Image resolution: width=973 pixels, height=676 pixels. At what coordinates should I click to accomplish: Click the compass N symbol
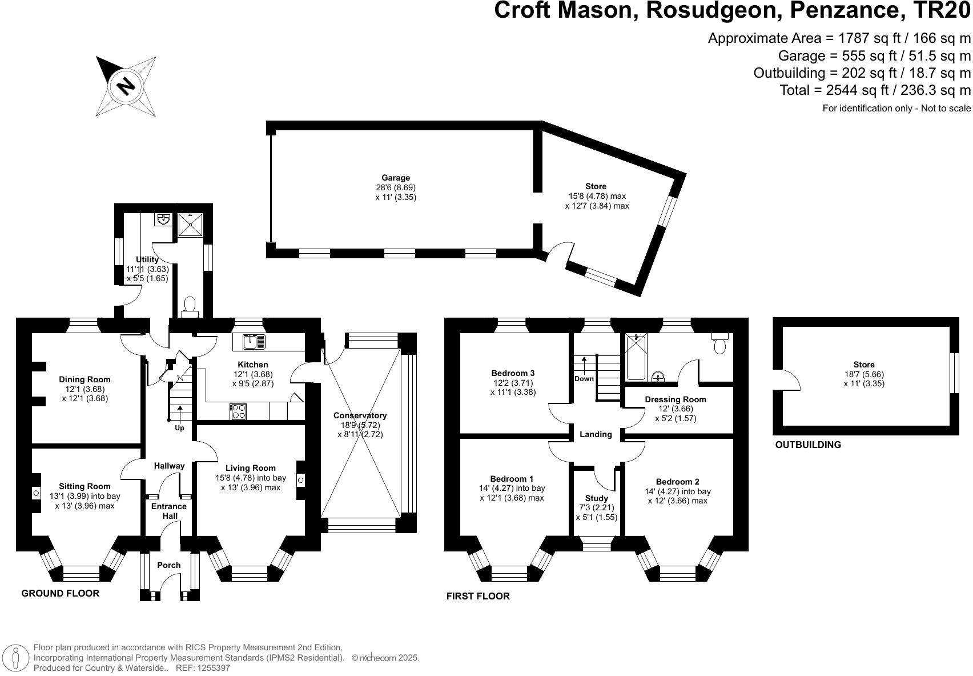click(x=126, y=86)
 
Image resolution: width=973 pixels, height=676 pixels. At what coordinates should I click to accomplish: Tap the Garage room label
click(x=396, y=178)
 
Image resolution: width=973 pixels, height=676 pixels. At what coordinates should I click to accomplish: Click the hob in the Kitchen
click(x=238, y=412)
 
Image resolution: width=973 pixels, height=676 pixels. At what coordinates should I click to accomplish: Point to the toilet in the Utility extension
click(x=190, y=306)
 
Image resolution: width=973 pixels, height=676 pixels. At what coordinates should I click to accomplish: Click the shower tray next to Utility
click(x=190, y=225)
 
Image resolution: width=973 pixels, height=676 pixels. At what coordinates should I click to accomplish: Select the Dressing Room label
click(x=675, y=399)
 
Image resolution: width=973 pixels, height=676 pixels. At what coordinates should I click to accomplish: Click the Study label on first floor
click(x=596, y=498)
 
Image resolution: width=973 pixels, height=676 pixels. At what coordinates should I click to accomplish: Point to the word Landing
click(x=596, y=434)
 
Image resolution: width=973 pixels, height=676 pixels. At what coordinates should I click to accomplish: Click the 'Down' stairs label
click(x=584, y=379)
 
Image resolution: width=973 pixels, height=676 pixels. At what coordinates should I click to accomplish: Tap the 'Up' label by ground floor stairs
click(x=179, y=427)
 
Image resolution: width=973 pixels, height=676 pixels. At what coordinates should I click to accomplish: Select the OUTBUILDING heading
click(x=807, y=445)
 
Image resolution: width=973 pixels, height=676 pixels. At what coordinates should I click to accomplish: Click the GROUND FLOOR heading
click(x=60, y=593)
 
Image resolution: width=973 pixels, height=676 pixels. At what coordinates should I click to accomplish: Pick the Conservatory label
click(x=360, y=415)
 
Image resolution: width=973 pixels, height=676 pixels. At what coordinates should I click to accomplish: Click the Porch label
click(x=168, y=565)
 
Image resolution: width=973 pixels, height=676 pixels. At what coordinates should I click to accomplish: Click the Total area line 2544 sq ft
click(x=875, y=90)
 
